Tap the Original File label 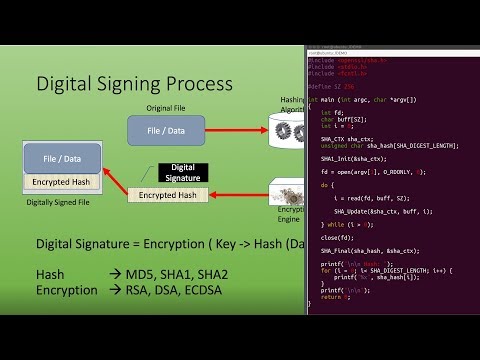165,107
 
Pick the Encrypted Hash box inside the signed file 63,182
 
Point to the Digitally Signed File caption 62,201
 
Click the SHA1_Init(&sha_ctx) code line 349,159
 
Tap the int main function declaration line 361,100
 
